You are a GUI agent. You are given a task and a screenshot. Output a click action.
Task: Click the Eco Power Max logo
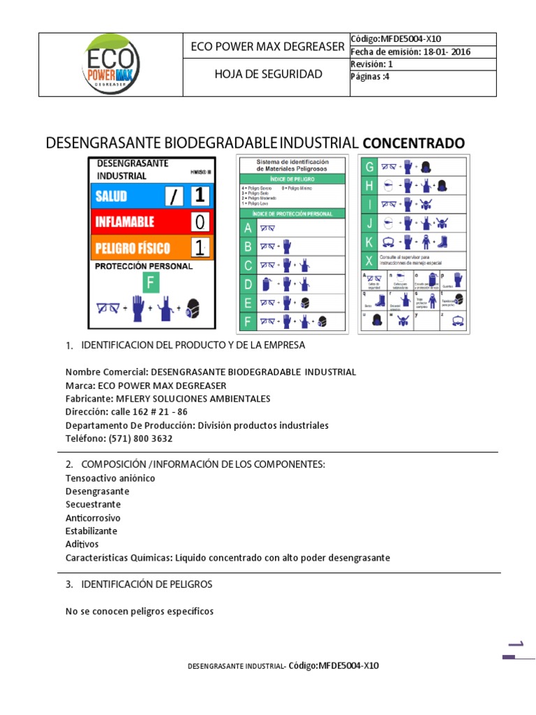[111, 64]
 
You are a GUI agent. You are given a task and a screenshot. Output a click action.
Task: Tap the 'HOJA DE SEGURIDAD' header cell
[268, 74]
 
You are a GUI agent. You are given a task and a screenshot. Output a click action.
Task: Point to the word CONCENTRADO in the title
[413, 143]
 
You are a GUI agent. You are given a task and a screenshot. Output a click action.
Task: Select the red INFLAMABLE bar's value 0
[200, 222]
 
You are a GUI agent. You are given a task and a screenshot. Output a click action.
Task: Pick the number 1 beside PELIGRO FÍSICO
[200, 247]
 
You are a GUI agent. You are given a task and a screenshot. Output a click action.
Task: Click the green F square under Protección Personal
[151, 283]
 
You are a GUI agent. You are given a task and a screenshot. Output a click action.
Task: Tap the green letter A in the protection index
[246, 228]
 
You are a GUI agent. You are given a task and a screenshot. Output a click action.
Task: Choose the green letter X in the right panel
[369, 261]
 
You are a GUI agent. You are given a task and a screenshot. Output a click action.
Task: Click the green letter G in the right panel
[369, 167]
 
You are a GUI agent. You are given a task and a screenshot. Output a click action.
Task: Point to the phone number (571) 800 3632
[140, 438]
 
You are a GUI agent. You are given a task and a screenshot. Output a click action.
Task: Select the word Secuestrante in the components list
[93, 504]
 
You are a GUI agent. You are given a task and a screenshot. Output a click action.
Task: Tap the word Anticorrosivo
[93, 517]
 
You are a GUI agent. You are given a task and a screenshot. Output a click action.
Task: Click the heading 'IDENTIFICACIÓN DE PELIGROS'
[147, 584]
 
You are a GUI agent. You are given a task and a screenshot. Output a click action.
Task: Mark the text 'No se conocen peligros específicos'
[139, 611]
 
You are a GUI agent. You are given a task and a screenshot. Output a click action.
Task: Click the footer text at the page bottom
[283, 665]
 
